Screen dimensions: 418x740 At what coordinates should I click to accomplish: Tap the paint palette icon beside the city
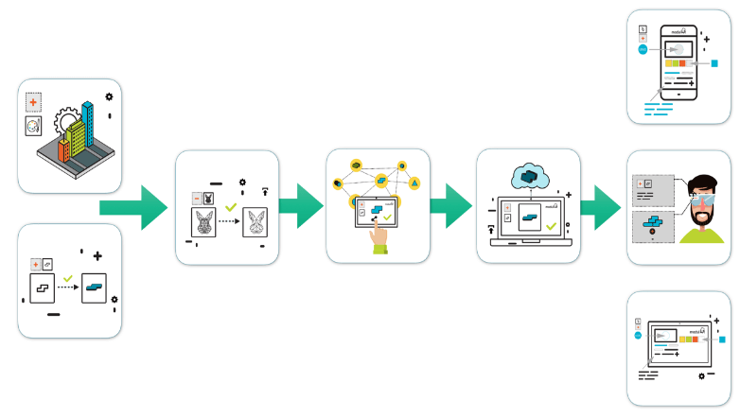click(x=33, y=126)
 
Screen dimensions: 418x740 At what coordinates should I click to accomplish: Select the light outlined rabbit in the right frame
click(x=255, y=224)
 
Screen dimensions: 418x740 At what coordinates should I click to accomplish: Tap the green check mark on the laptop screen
click(x=550, y=227)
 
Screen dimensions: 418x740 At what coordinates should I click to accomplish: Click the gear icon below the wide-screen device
click(x=701, y=374)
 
